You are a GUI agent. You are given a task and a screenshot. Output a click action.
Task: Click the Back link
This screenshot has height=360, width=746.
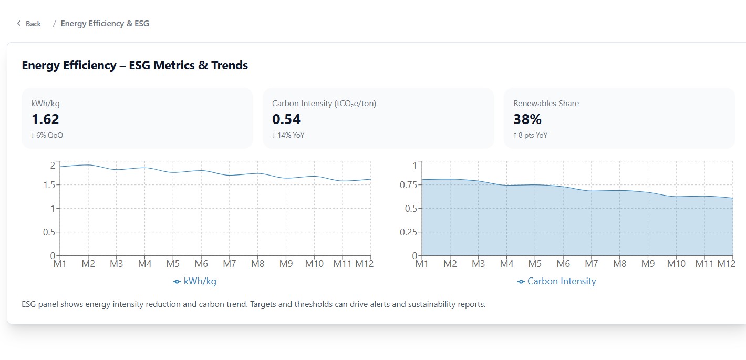click(x=29, y=24)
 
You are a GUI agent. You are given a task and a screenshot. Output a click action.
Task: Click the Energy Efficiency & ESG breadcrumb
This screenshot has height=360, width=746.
click(x=105, y=24)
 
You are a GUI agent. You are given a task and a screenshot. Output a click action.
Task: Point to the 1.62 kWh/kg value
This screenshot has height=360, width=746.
click(x=45, y=119)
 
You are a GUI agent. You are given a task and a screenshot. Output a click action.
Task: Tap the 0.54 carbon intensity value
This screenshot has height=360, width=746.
click(x=286, y=119)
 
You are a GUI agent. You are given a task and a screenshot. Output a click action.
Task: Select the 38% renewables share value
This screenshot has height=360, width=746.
click(x=527, y=119)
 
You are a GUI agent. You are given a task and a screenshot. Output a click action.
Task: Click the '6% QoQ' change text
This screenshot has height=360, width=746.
click(x=49, y=135)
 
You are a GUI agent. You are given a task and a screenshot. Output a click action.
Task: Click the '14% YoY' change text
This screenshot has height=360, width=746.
click(x=291, y=135)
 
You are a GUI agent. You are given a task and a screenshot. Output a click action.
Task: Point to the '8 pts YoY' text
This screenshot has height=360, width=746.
click(x=533, y=135)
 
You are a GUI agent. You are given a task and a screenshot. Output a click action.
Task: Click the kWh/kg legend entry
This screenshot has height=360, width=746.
click(x=195, y=281)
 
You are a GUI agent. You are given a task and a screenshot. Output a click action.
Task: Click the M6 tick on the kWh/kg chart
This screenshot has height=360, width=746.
click(x=201, y=263)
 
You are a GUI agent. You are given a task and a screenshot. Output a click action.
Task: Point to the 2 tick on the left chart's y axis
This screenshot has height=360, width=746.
click(x=53, y=165)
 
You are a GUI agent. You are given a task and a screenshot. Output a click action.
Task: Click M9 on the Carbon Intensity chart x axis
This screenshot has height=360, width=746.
click(x=648, y=263)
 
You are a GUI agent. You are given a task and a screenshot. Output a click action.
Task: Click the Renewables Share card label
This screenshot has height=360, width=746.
click(x=546, y=104)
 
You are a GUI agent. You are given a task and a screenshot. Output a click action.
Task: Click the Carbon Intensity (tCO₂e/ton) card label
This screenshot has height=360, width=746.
click(x=324, y=104)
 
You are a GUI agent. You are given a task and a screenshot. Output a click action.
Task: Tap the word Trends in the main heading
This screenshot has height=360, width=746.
click(x=230, y=66)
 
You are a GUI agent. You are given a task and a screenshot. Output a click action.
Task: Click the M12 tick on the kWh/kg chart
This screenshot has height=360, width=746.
click(x=364, y=263)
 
